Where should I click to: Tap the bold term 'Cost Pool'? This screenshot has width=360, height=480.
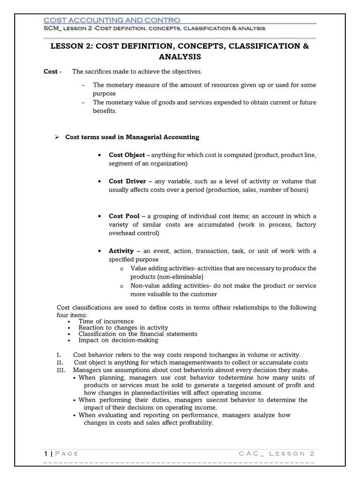(x=124, y=216)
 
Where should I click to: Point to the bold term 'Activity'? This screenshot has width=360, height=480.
(x=121, y=251)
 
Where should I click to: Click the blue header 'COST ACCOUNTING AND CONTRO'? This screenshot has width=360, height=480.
(x=112, y=20)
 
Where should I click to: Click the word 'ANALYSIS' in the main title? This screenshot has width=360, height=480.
(x=180, y=57)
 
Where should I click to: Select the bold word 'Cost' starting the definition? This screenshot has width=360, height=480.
(x=50, y=71)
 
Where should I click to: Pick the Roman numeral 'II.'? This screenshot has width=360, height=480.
(x=60, y=362)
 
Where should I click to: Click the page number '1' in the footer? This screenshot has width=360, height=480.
(x=46, y=453)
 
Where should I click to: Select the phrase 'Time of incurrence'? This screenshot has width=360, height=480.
(x=106, y=322)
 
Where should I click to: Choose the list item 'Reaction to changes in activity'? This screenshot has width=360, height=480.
(x=123, y=328)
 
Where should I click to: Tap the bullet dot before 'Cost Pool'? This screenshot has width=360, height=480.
(x=100, y=216)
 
